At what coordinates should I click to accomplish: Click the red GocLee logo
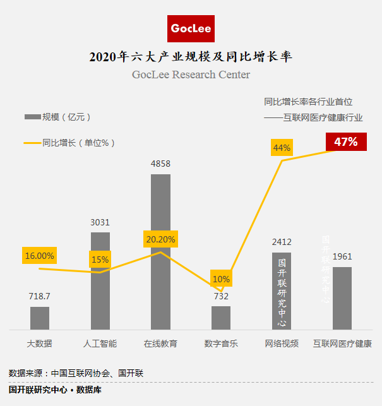point(192,28)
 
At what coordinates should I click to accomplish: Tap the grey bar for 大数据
point(40,318)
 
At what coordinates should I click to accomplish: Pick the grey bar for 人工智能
point(100,280)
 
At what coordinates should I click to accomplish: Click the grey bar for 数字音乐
point(221,317)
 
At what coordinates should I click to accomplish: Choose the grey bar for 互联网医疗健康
point(342,297)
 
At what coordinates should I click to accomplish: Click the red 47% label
point(345,142)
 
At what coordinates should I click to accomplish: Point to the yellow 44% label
point(282,148)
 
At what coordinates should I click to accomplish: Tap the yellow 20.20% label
point(161,239)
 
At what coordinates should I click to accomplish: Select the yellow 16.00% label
point(39,256)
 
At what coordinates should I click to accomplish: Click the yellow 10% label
point(221,279)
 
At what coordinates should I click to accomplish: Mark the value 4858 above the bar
point(160,164)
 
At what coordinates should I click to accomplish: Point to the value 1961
point(342,256)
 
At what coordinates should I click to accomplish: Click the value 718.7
point(40,296)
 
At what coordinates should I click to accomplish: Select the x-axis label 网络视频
point(282,344)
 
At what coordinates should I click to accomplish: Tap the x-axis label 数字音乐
point(221,344)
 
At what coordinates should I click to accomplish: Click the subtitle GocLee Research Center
point(191,75)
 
